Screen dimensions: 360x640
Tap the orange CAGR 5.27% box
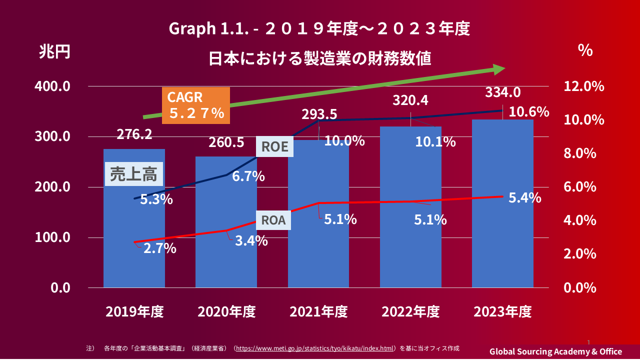[x=196, y=105]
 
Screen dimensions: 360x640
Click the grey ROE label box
[x=275, y=146]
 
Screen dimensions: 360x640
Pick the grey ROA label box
[x=273, y=220]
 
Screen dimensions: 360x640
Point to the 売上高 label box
[x=133, y=174]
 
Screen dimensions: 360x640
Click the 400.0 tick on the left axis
[x=52, y=86]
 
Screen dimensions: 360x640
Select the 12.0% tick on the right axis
[x=583, y=86]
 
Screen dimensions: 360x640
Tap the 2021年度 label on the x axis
[x=318, y=312]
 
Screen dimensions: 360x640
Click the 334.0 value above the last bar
[x=503, y=92]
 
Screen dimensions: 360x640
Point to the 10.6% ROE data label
[x=528, y=112]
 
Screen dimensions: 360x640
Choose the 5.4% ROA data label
[x=524, y=198]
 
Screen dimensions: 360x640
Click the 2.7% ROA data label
[x=160, y=248]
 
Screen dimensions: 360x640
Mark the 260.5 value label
[x=226, y=142]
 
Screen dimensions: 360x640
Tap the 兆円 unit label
[x=55, y=52]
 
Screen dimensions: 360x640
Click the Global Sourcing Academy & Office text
[x=555, y=351]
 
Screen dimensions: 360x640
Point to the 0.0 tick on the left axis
[x=59, y=288]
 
